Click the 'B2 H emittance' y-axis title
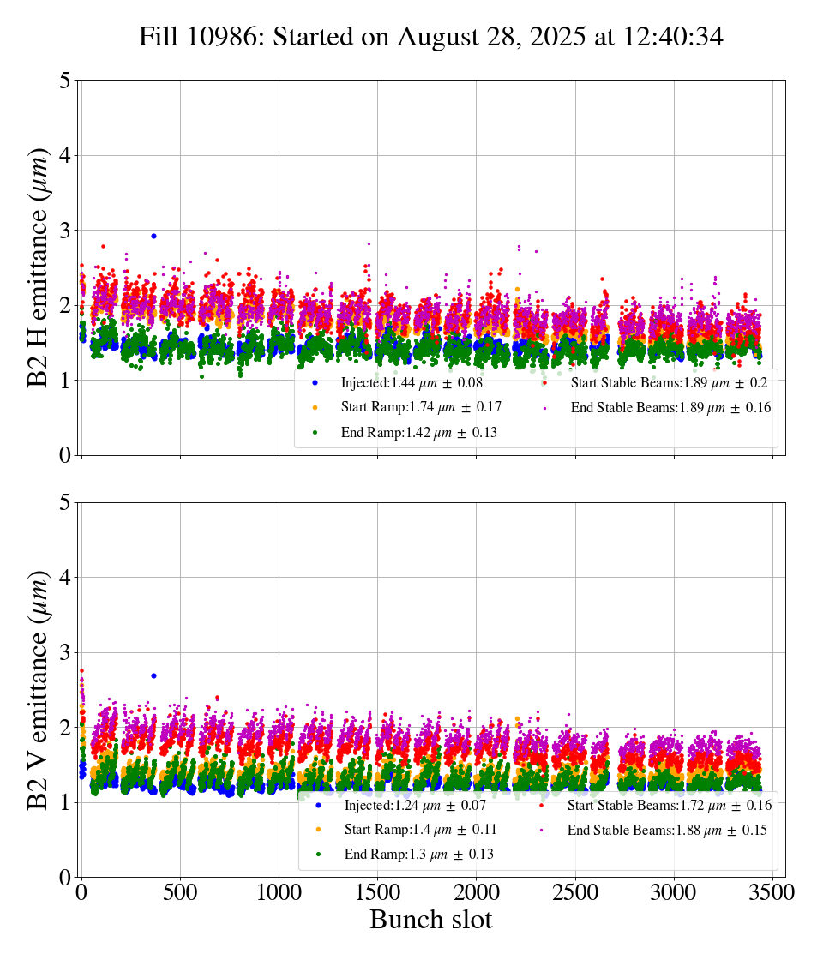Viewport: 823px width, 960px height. coord(39,267)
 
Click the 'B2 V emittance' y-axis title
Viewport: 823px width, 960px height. coord(39,689)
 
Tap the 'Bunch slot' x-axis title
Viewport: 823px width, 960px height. coord(431,920)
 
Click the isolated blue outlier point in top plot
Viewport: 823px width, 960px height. coord(153,236)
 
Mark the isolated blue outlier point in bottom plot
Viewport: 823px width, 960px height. coord(153,675)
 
